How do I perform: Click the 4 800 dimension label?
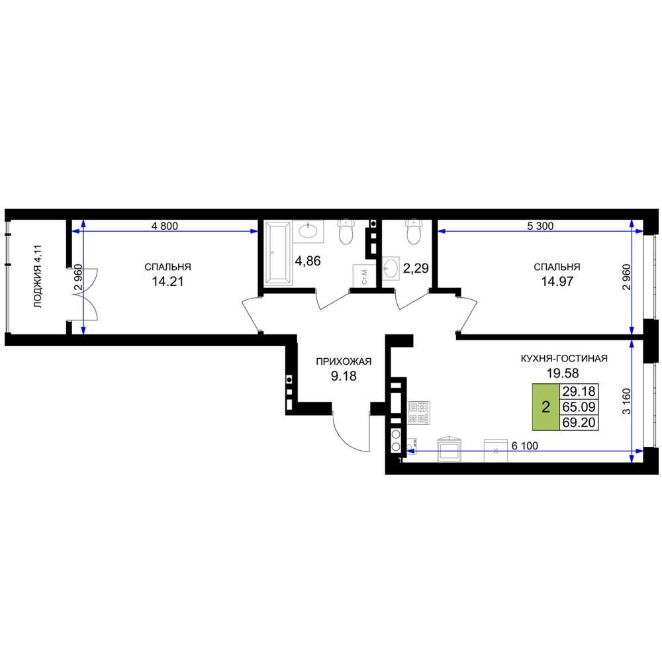165,226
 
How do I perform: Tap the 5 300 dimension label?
540,226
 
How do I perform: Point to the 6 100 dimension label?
525,446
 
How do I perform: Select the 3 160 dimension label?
626,401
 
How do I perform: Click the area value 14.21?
167,281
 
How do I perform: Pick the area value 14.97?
557,281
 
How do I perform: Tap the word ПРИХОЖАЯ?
344,361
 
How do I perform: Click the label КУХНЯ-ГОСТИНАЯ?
564,358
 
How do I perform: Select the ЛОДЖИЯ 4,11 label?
38,276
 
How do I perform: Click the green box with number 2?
545,407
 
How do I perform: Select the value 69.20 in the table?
579,422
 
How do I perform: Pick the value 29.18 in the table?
579,391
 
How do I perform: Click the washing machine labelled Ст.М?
364,275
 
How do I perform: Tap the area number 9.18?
344,376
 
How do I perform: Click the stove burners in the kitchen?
418,413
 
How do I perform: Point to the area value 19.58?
563,373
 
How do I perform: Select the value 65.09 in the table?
579,407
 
